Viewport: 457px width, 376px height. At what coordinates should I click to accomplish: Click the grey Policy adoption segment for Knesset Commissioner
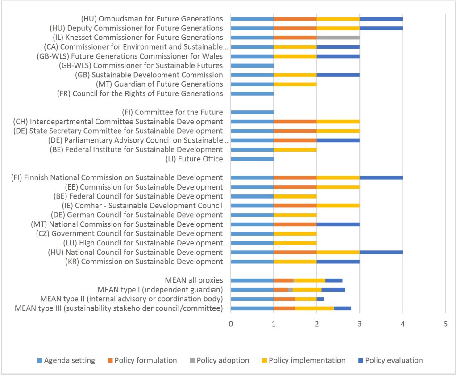click(338, 38)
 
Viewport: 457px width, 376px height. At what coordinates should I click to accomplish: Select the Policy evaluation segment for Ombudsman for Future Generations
click(381, 19)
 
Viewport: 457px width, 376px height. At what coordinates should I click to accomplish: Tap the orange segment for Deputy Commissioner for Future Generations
click(295, 28)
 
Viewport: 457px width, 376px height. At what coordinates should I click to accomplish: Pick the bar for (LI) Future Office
click(252, 159)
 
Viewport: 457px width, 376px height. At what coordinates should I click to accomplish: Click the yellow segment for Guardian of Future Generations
click(295, 84)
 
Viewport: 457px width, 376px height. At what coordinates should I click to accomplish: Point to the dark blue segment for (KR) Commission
click(338, 262)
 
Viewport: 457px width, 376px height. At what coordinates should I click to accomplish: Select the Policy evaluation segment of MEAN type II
click(320, 299)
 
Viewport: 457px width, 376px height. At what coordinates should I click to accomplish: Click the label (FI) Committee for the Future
click(172, 112)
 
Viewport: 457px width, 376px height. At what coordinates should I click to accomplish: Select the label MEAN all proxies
click(194, 280)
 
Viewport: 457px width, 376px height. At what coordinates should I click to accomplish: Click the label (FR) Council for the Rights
click(140, 93)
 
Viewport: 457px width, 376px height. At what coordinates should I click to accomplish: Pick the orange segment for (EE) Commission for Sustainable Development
click(295, 187)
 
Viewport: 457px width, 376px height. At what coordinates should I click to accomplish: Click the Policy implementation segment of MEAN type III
click(314, 308)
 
